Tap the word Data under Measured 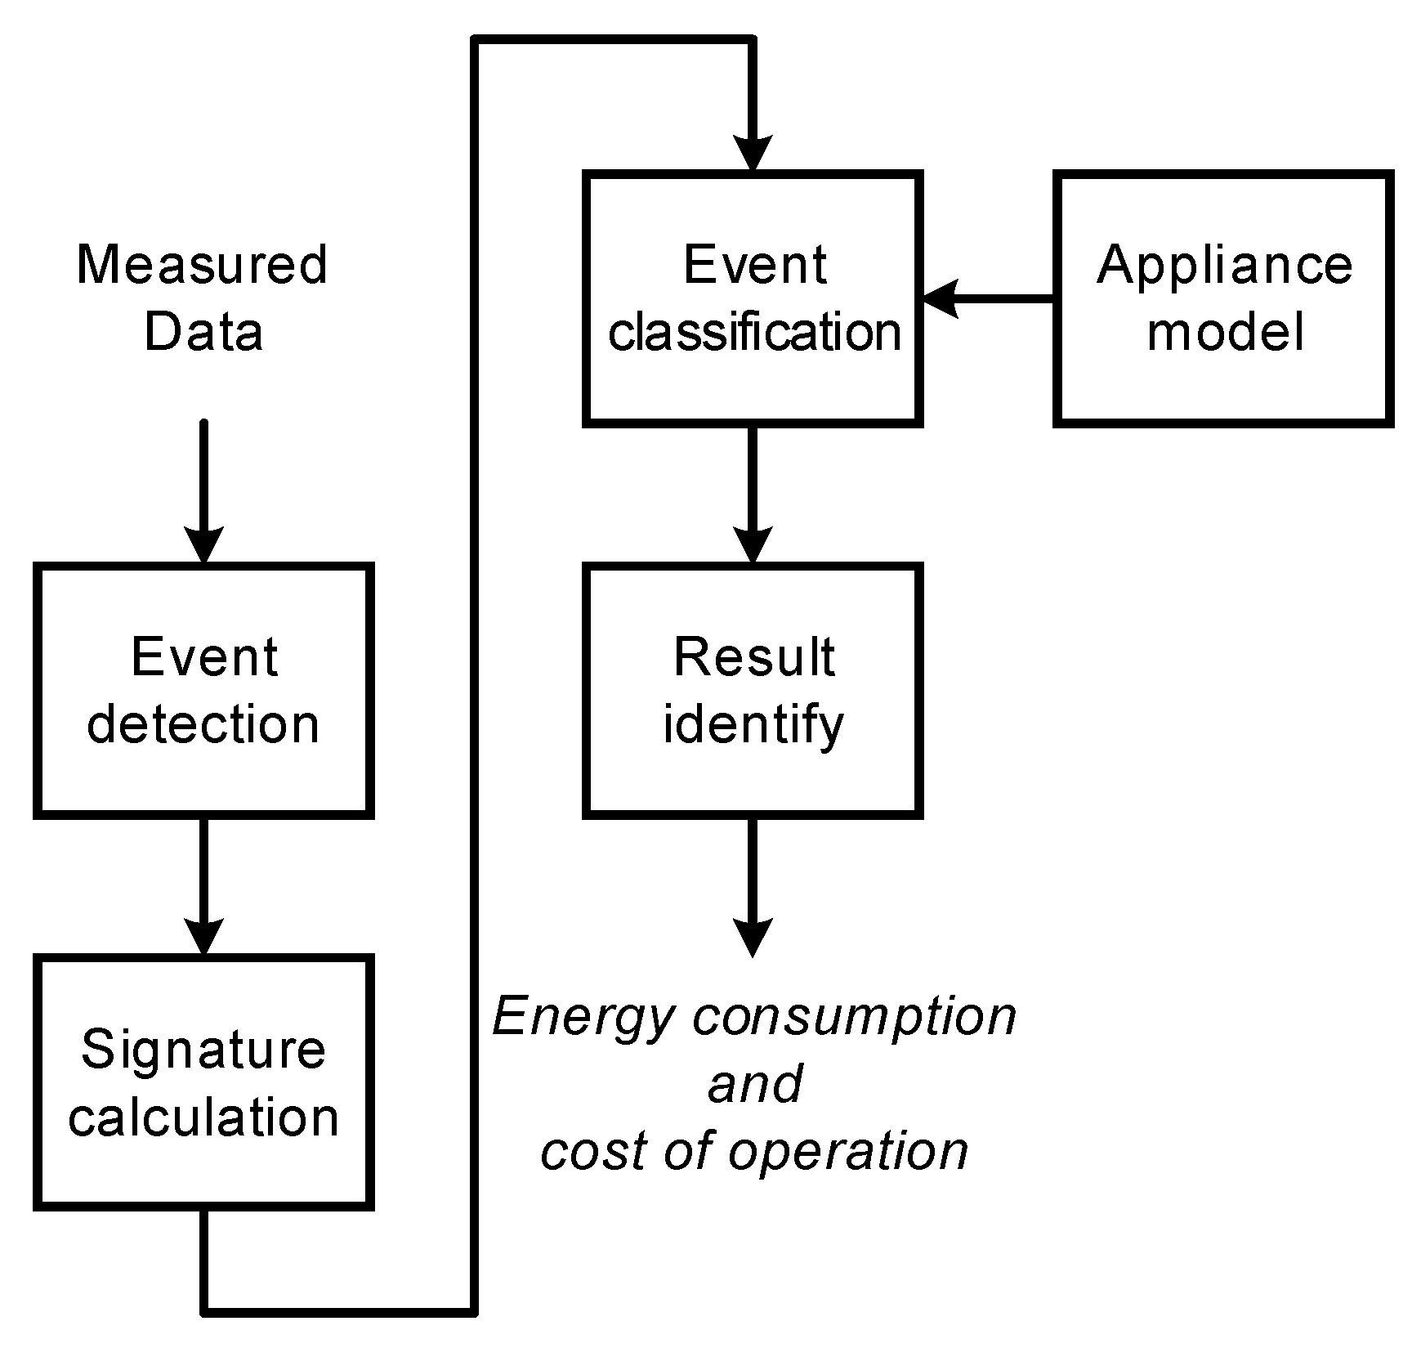pos(203,332)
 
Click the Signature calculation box pos(203,1082)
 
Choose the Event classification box pos(753,298)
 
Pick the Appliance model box pos(1223,298)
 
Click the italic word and pos(755,1084)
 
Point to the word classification pos(754,332)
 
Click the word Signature pos(203,1050)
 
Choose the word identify pos(753,725)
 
